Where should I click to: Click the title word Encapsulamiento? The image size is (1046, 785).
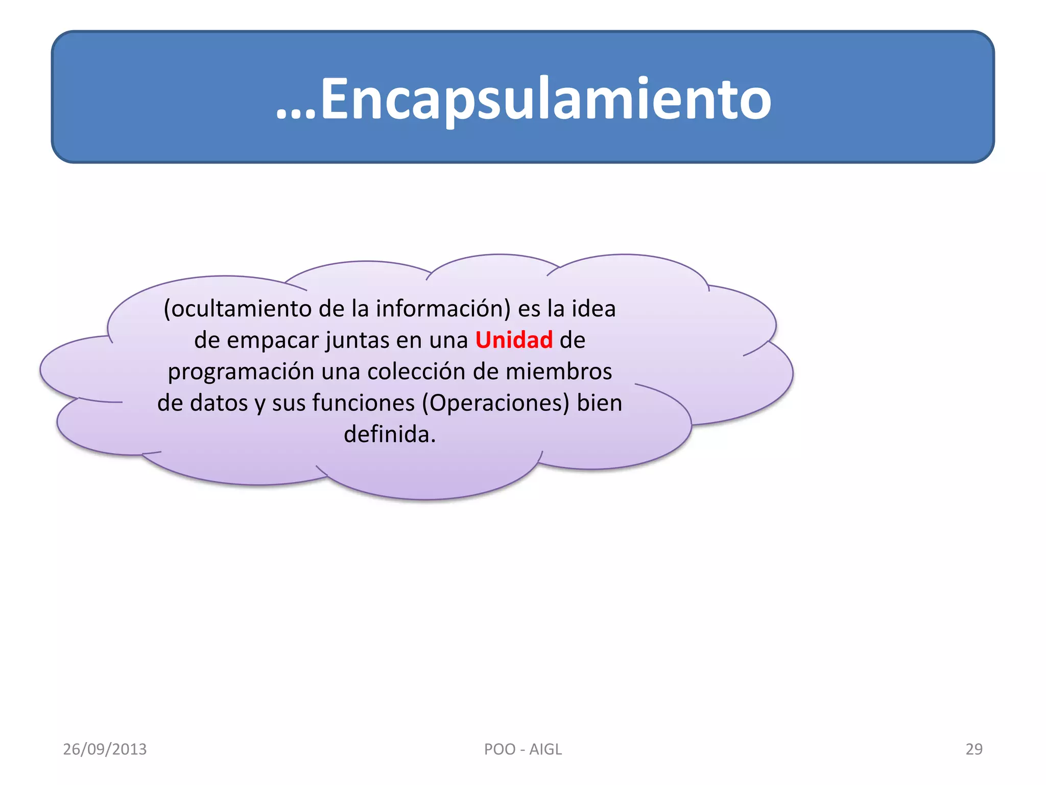tap(545, 99)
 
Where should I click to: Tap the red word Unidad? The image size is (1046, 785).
tap(514, 340)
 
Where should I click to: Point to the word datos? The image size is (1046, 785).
tap(219, 403)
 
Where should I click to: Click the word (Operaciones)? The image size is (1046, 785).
tap(495, 403)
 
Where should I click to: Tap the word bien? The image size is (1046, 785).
tap(600, 403)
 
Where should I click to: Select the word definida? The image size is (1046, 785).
tap(390, 434)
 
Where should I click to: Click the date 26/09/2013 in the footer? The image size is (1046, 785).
tap(105, 749)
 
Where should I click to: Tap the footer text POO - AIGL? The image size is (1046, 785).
tap(522, 749)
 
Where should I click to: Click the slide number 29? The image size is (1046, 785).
tap(973, 749)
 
